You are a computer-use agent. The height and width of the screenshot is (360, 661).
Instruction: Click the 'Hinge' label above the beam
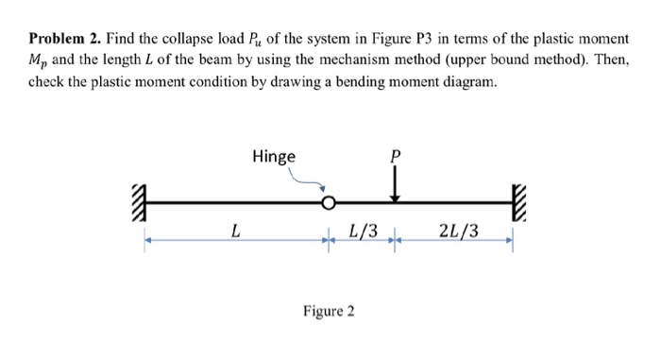coord(273,156)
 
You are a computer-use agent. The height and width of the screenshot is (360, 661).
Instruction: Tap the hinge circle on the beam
coord(328,202)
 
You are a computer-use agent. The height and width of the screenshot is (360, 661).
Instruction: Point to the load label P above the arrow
coord(394,157)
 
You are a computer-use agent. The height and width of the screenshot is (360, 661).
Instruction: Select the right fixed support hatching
coord(517,201)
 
